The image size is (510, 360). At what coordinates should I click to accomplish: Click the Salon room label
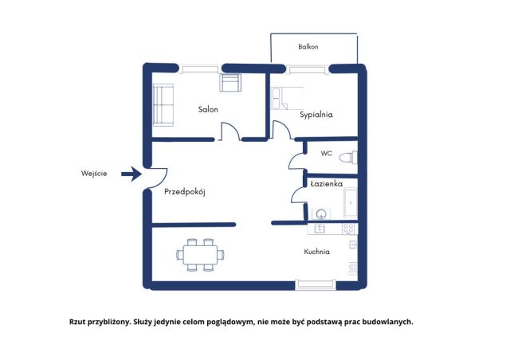[208, 109]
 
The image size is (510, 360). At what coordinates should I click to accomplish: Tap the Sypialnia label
[316, 115]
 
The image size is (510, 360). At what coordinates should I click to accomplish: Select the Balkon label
[308, 46]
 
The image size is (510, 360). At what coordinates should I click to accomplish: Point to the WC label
[326, 153]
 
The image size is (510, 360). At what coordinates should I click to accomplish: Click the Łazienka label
[326, 184]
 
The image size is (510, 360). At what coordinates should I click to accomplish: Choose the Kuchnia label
[317, 252]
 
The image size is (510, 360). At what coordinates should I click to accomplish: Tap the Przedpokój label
[184, 192]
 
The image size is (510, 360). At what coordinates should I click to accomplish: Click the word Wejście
[94, 174]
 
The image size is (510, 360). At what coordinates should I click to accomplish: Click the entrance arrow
[131, 174]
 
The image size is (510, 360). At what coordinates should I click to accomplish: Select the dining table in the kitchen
[200, 255]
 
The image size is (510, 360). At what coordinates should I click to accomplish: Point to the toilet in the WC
[348, 158]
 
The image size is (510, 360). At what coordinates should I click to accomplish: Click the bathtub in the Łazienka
[351, 203]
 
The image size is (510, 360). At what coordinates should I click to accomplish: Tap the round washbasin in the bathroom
[321, 214]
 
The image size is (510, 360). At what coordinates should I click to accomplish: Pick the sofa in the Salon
[163, 105]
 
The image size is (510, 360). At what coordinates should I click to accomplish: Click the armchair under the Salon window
[230, 83]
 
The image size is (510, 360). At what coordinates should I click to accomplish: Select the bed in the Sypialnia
[288, 98]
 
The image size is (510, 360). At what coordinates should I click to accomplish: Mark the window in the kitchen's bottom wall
[316, 284]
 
